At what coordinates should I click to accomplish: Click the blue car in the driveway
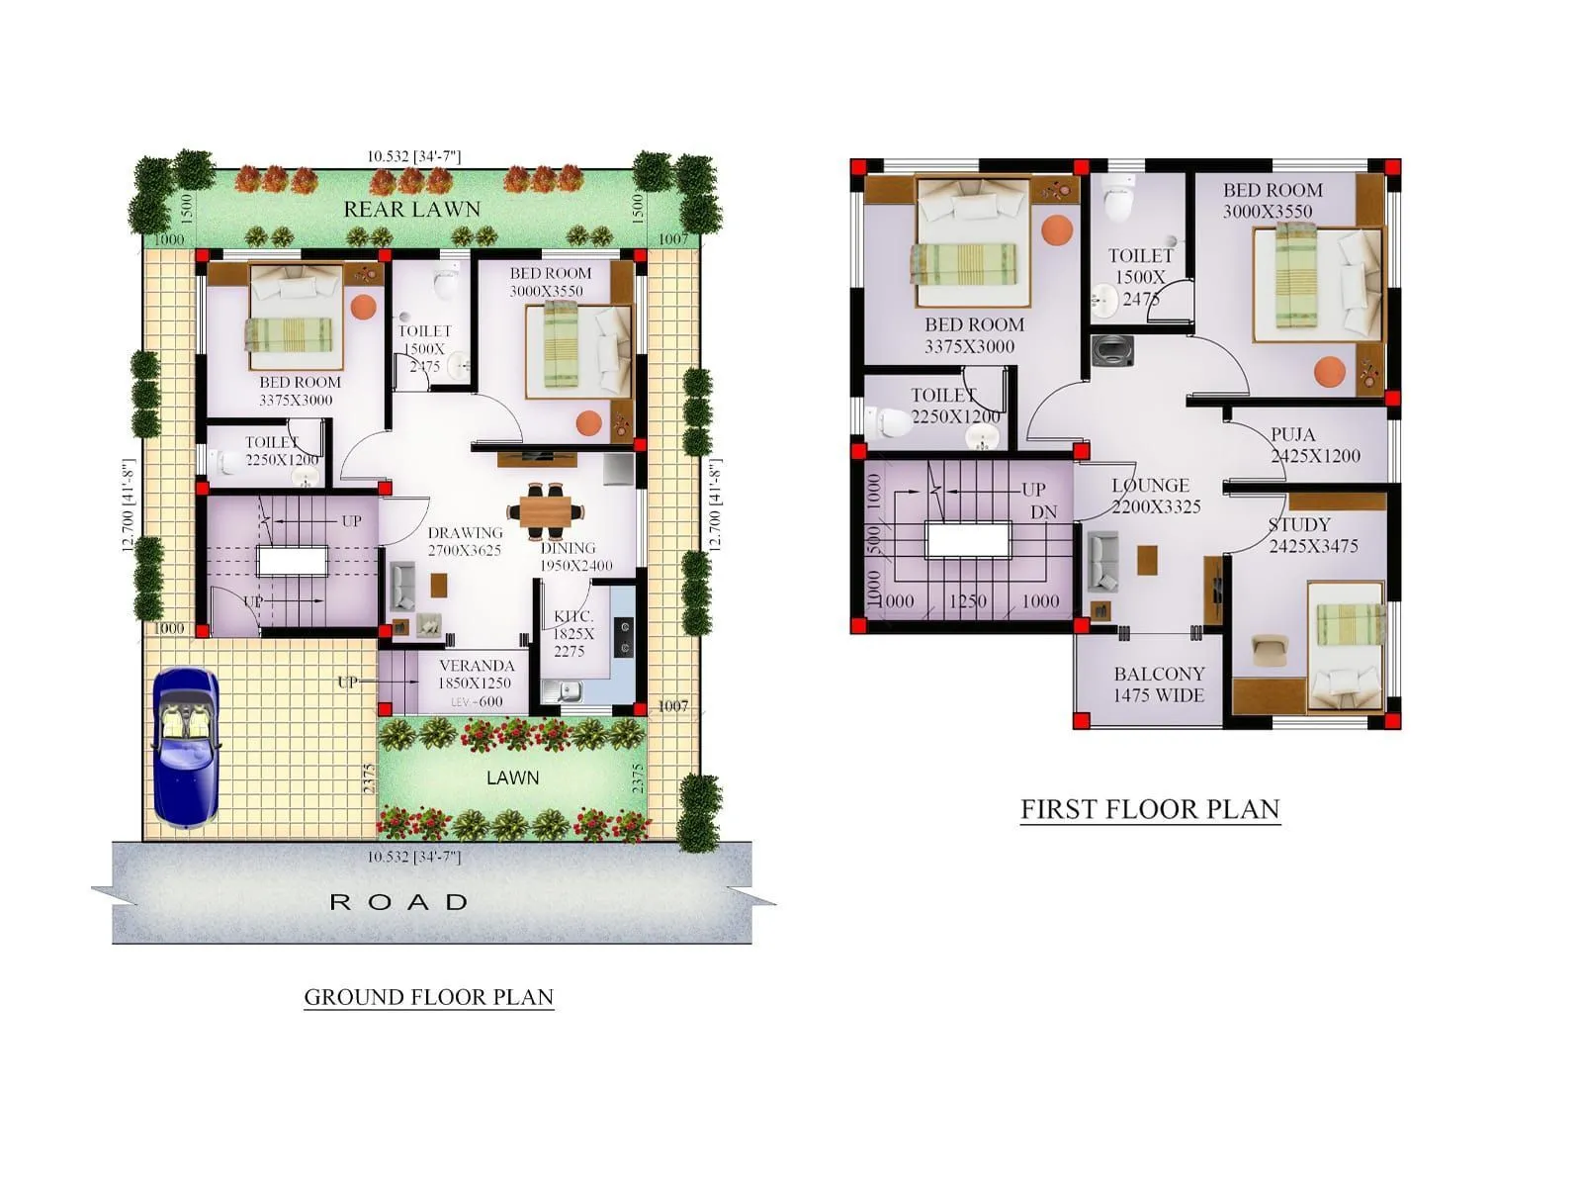tap(186, 748)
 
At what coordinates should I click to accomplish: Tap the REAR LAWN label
tap(411, 210)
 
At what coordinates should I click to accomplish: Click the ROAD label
tap(398, 902)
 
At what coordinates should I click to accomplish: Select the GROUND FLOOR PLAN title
tap(428, 997)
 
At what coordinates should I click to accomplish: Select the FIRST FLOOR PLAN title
tap(1150, 809)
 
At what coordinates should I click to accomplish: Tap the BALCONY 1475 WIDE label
tap(1158, 685)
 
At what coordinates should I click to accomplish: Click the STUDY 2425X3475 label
tap(1312, 535)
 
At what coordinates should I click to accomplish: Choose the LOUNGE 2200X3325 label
tap(1154, 496)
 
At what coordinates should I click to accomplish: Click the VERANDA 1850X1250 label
tap(476, 674)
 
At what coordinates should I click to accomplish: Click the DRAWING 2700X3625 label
tap(465, 541)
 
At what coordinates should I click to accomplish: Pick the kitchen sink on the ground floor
tap(569, 692)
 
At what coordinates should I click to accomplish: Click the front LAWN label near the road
tap(512, 778)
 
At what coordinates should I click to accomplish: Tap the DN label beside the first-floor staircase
tap(1043, 512)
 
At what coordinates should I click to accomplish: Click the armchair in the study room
tap(1269, 651)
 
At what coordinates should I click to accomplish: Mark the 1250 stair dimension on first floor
tap(967, 601)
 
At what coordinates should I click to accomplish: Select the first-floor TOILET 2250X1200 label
tap(954, 406)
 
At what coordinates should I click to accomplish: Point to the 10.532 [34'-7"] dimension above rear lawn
tap(413, 156)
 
